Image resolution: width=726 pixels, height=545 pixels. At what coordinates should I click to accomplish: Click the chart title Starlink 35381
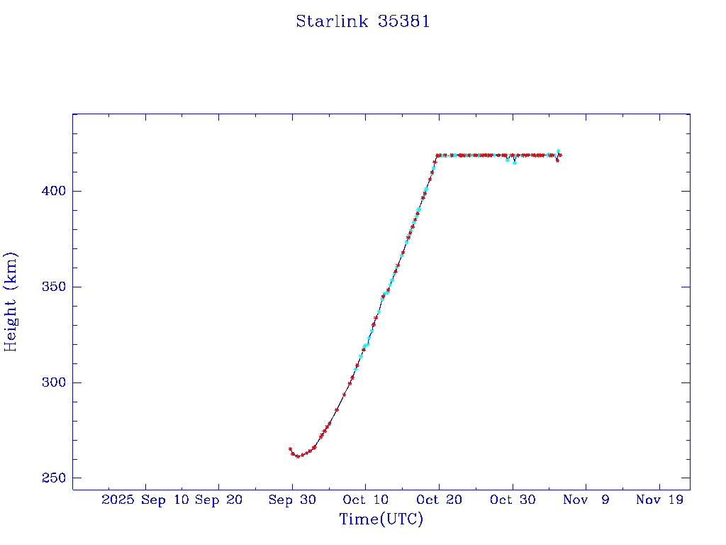362,22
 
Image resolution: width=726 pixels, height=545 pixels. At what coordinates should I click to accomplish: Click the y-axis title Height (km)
11,302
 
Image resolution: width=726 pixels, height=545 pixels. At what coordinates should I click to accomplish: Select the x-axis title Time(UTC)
381,519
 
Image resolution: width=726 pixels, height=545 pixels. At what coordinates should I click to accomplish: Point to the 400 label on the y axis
53,192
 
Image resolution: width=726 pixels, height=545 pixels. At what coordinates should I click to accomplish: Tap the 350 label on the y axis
53,287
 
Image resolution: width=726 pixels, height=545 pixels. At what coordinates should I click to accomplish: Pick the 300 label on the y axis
53,383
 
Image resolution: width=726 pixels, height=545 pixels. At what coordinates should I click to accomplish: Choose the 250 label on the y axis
53,478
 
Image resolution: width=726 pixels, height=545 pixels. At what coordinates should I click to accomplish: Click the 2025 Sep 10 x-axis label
145,500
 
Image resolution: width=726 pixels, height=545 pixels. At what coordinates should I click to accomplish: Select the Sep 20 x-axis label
219,500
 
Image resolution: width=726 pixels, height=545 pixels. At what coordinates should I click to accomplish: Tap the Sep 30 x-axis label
292,500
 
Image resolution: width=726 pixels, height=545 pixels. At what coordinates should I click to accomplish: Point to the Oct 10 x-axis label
365,500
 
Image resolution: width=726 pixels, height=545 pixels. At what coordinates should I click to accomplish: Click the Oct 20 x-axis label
439,500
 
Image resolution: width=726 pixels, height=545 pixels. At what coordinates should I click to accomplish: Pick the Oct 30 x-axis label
513,500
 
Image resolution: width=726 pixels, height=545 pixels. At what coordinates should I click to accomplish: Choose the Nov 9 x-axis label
586,500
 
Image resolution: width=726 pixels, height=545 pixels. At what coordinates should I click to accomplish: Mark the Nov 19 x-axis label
659,500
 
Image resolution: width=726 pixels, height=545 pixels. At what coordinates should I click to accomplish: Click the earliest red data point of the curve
290,449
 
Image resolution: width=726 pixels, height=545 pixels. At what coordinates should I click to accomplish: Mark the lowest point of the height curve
298,456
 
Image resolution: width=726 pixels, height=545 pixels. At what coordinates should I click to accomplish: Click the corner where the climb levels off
437,155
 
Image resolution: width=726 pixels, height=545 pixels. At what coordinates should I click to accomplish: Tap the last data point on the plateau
560,155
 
